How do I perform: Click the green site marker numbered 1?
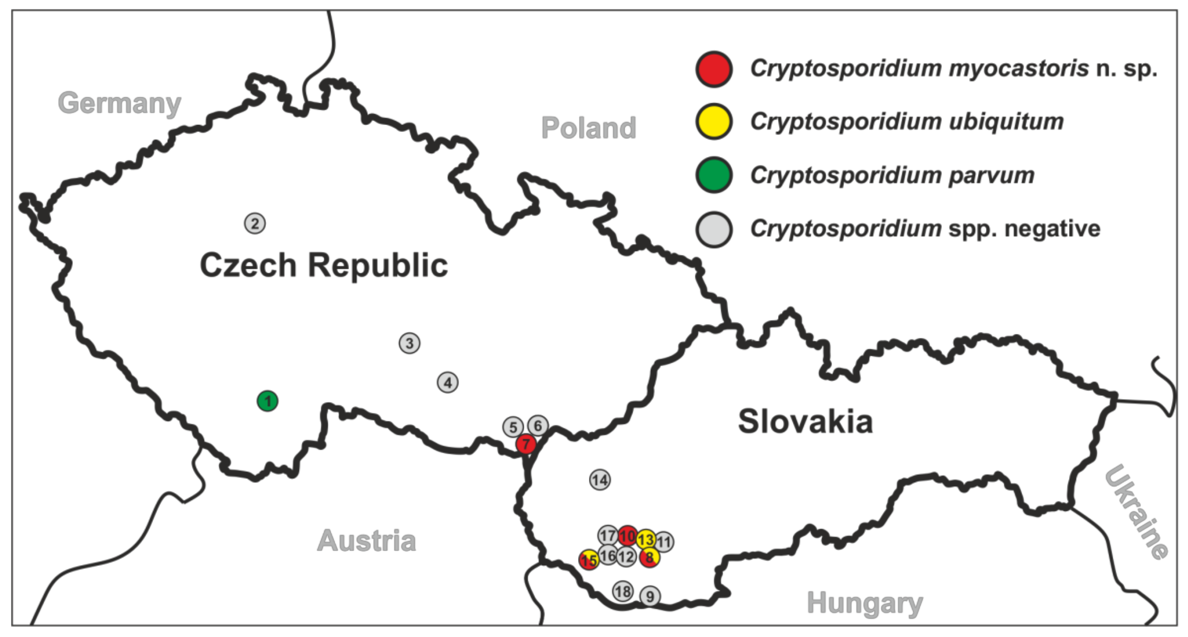268,401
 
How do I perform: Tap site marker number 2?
254,224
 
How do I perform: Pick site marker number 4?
447,382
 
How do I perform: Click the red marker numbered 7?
526,444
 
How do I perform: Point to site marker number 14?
600,480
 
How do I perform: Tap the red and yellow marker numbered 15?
589,560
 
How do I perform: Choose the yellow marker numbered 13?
646,539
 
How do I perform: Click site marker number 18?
623,591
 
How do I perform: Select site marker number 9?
650,596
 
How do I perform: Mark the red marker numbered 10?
627,536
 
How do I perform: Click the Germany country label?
120,103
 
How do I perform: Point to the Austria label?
367,541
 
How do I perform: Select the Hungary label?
865,603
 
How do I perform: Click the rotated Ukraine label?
1137,512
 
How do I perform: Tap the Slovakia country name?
805,422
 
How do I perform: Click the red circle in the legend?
714,69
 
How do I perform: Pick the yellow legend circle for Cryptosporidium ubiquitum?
714,122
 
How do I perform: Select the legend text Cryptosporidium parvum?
892,176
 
